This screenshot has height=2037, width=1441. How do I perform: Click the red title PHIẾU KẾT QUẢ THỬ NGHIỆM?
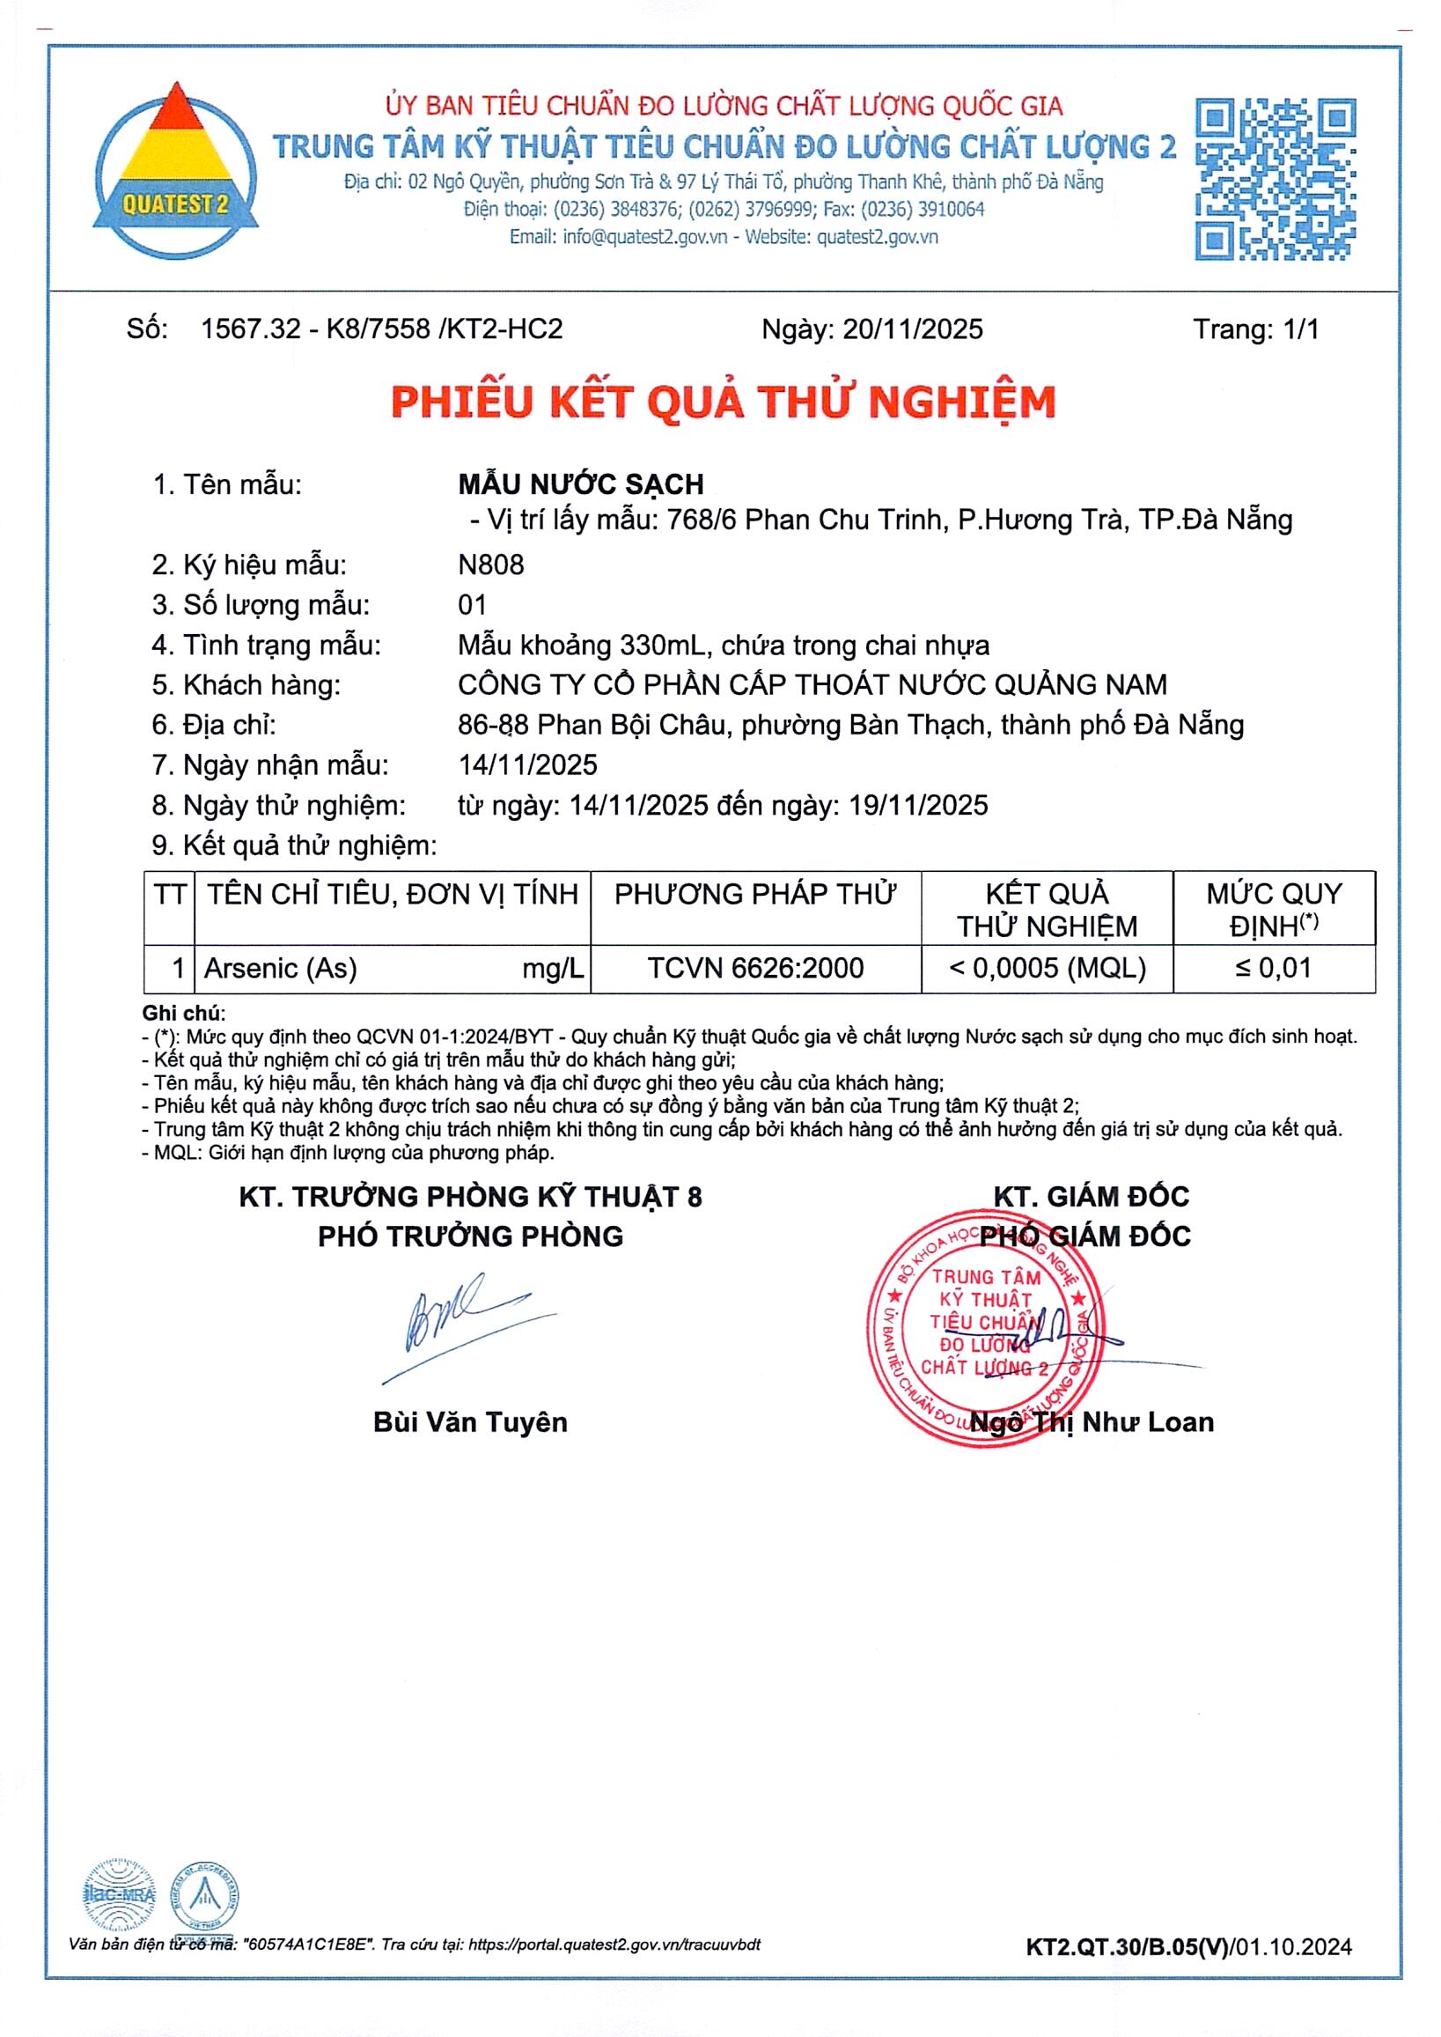tap(724, 402)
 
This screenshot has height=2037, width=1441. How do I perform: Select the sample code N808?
tap(490, 565)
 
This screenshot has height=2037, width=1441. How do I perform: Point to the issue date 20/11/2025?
tap(912, 329)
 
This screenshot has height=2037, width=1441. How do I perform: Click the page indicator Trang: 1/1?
tap(1254, 329)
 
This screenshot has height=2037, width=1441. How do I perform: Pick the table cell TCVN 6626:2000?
tap(755, 968)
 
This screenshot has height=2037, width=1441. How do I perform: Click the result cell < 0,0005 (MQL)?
tap(1047, 968)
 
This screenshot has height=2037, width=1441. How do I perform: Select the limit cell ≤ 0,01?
tap(1273, 968)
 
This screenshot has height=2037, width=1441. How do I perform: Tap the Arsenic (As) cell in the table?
tap(281, 968)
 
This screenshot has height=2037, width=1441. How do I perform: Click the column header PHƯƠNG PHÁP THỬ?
tap(755, 894)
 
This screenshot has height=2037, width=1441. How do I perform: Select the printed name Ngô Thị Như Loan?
tap(1092, 1422)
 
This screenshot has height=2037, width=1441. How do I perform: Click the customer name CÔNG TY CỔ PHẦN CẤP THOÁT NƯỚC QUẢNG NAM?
tap(812, 684)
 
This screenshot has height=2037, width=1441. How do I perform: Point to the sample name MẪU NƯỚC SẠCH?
tap(580, 484)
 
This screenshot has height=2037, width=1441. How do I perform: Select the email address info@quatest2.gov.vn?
tap(645, 237)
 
